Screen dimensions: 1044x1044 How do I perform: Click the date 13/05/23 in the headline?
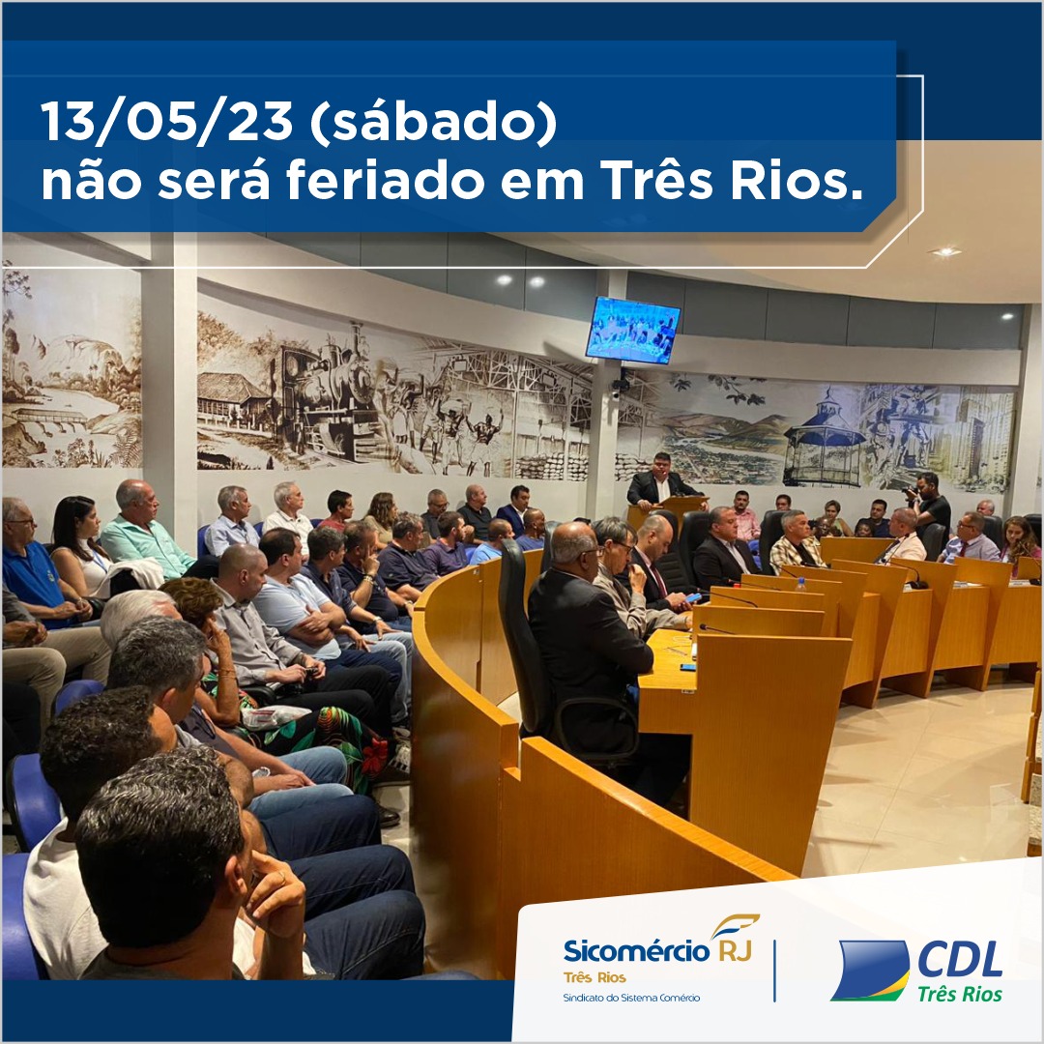point(167,121)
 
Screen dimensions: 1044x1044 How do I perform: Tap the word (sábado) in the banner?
point(433,122)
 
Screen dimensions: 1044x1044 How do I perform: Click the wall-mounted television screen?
point(632,331)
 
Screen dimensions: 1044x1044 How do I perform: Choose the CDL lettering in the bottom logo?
point(960,960)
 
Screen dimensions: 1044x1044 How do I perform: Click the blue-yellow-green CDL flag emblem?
point(871,970)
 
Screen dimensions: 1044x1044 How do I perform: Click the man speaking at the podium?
point(660,479)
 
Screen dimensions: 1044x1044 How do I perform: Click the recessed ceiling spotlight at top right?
point(945,251)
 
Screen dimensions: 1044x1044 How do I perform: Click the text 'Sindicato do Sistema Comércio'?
point(631,998)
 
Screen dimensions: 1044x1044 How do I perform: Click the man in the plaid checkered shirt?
point(796,540)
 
